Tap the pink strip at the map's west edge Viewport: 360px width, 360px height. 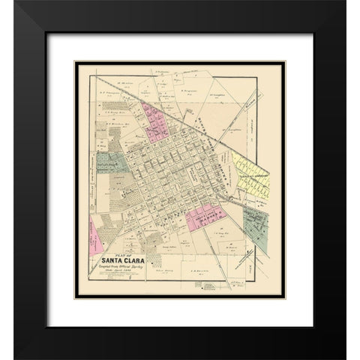click(x=96, y=233)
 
